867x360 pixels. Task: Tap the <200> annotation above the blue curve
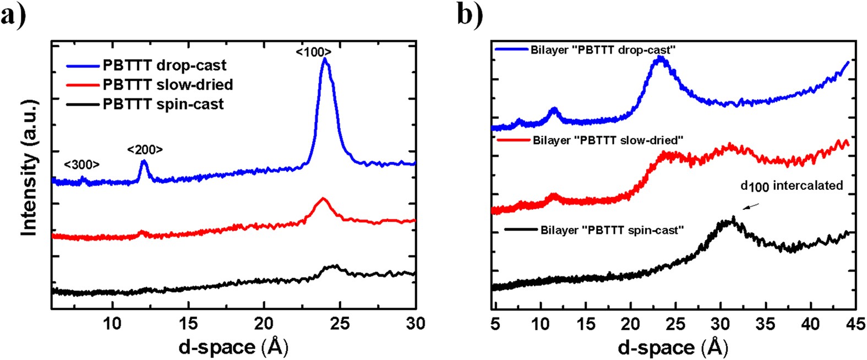pyautogui.click(x=145, y=150)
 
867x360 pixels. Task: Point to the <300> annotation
pyautogui.click(x=81, y=165)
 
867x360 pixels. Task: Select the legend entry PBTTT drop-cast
pyautogui.click(x=164, y=66)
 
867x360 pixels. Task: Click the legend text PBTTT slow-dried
pyautogui.click(x=167, y=85)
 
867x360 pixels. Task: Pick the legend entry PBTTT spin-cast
pyautogui.click(x=163, y=104)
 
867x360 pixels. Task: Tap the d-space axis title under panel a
pyautogui.click(x=233, y=346)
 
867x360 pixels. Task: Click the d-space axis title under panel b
pyautogui.click(x=673, y=347)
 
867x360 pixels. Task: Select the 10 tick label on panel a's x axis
pyautogui.click(x=112, y=324)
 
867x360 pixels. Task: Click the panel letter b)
pyautogui.click(x=470, y=15)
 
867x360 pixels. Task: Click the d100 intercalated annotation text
pyautogui.click(x=792, y=186)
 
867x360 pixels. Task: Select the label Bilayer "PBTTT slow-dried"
pyautogui.click(x=608, y=140)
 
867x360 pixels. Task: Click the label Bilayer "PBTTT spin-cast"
pyautogui.click(x=612, y=230)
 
